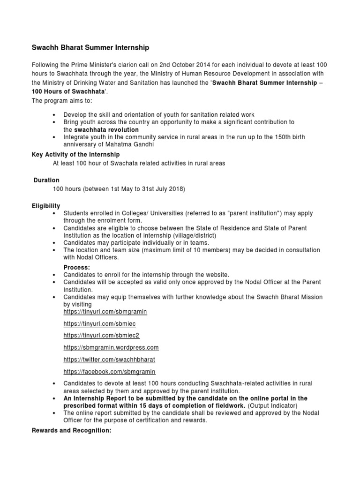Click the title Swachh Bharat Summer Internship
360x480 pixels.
pyautogui.click(x=90, y=47)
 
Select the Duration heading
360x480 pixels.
pyautogui.click(x=46, y=180)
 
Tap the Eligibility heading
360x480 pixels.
pyautogui.click(x=45, y=206)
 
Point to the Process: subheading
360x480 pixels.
pyautogui.click(x=77, y=267)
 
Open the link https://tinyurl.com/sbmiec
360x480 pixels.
pyautogui.click(x=99, y=324)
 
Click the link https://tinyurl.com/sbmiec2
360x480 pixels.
pyautogui.click(x=101, y=336)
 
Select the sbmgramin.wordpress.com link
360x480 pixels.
pyautogui.click(x=111, y=348)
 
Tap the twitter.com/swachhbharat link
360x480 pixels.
pyautogui.click(x=109, y=360)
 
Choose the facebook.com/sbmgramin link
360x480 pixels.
pyautogui.click(x=109, y=372)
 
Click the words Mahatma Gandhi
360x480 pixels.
pyautogui.click(x=132, y=144)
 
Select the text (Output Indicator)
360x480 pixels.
pyautogui.click(x=272, y=405)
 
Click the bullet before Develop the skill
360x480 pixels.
pyautogui.click(x=55, y=115)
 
